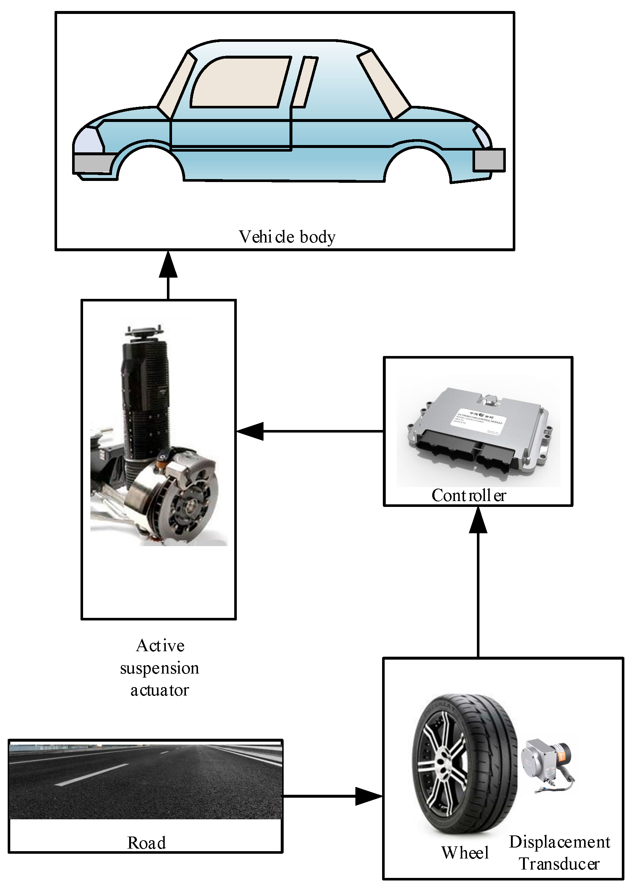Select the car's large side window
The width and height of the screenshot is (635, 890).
tap(241, 82)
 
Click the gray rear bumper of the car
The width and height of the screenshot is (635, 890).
tap(489, 160)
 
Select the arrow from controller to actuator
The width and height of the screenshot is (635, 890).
tap(309, 431)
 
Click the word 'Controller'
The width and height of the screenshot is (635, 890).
tap(468, 495)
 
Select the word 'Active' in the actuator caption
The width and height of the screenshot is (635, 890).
tap(160, 645)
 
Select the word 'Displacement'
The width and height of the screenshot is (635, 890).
tap(559, 842)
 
